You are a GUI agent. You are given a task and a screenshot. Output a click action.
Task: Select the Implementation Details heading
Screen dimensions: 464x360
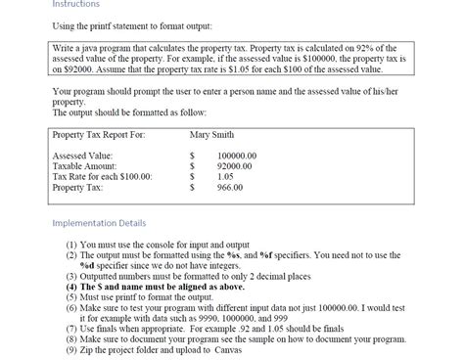[x=101, y=222]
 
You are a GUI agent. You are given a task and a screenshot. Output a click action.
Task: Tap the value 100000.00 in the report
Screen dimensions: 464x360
[x=237, y=156]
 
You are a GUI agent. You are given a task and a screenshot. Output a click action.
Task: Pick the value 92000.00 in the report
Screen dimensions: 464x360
[x=235, y=165]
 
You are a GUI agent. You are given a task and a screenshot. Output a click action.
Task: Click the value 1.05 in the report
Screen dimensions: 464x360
[x=226, y=176]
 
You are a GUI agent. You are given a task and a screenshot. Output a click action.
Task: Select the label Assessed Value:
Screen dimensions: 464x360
[x=82, y=156]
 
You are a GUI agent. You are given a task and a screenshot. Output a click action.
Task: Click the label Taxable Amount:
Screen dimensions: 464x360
[x=84, y=165]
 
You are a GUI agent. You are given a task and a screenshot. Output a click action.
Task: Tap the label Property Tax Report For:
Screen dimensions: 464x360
[x=98, y=134]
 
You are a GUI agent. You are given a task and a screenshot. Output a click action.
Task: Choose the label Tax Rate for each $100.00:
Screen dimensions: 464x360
[x=102, y=176]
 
